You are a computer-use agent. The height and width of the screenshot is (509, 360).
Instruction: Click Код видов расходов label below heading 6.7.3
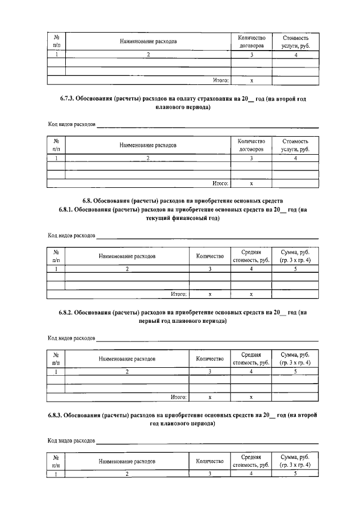coord(71,124)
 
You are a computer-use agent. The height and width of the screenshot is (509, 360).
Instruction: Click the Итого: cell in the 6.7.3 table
coord(220,183)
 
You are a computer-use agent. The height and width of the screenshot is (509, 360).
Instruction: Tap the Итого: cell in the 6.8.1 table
coord(179,294)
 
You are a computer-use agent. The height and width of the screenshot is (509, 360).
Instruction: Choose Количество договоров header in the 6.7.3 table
coord(251,145)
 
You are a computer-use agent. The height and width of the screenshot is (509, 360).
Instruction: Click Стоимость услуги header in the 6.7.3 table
coord(295,145)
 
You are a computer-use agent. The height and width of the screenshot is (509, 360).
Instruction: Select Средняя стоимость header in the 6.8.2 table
coord(251,358)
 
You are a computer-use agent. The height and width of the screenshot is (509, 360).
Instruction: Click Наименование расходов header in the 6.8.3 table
coord(127,461)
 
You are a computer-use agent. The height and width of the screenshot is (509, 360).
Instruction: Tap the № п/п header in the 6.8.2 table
coord(56,358)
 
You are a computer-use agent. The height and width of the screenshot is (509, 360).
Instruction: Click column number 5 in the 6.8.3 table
coord(295,474)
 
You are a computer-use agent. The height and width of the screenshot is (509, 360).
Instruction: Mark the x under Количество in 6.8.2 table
coord(209,397)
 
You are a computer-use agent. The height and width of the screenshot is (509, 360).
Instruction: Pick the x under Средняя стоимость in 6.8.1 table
coord(251,294)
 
